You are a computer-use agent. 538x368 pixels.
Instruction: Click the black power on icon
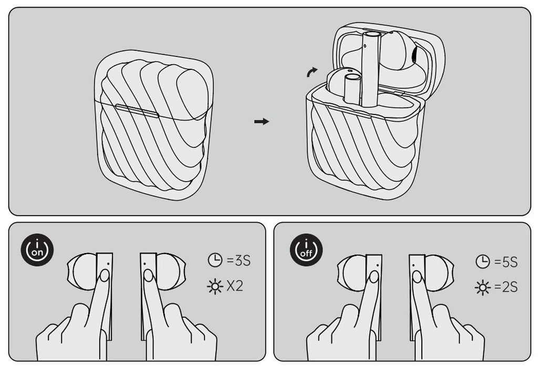point(37,250)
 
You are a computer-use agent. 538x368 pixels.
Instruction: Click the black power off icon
point(306,250)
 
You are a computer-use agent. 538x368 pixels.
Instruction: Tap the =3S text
point(239,261)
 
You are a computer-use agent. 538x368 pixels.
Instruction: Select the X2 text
point(235,286)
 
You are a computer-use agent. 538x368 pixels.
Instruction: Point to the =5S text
point(506,262)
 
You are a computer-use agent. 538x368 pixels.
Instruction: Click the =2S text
point(506,287)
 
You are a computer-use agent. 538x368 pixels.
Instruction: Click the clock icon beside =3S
point(215,260)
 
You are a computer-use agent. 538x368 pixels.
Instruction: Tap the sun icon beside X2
point(215,287)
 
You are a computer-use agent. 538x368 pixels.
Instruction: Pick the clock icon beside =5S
point(482,261)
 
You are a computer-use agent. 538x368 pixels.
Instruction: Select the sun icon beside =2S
point(482,288)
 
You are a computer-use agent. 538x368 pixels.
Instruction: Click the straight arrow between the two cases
point(262,121)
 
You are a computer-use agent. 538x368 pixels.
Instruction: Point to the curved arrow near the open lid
point(312,72)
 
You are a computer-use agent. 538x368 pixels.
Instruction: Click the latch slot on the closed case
point(137,111)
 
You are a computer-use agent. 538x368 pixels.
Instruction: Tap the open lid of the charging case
point(389,58)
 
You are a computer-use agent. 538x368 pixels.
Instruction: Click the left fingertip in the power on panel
point(105,275)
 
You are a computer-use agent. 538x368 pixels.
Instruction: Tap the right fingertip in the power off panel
point(417,277)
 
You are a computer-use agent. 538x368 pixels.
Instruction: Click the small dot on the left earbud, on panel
point(108,264)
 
